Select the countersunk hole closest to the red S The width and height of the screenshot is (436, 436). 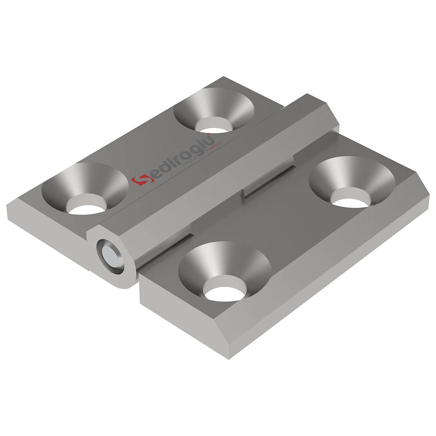(x=85, y=189)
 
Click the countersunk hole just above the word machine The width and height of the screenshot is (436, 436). (x=214, y=110)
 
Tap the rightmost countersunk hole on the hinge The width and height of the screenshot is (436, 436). (x=352, y=182)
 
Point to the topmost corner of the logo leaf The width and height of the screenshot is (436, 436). (x=222, y=75)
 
